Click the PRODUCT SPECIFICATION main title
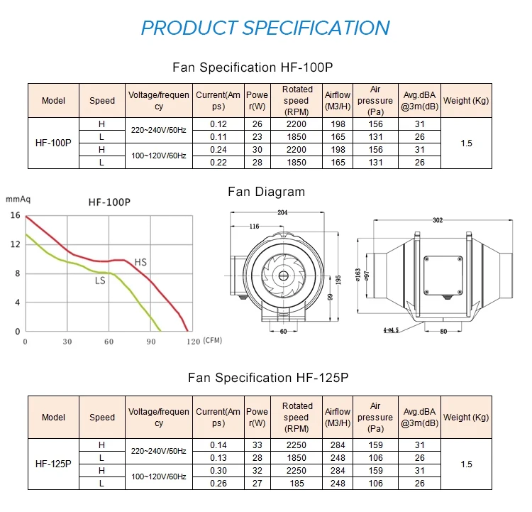click(265, 28)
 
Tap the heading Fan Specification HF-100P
click(253, 67)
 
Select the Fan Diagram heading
click(266, 192)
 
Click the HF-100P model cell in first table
click(53, 143)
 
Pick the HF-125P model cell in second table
click(53, 464)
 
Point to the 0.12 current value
click(219, 124)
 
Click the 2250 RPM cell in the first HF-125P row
click(297, 445)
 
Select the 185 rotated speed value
click(297, 483)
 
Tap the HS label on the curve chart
click(140, 263)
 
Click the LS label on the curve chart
click(101, 280)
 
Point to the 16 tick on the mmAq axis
click(15, 215)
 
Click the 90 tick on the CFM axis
click(151, 342)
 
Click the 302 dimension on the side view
click(437, 219)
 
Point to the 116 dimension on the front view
click(253, 227)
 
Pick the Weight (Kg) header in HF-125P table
click(465, 418)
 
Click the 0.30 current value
click(219, 470)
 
